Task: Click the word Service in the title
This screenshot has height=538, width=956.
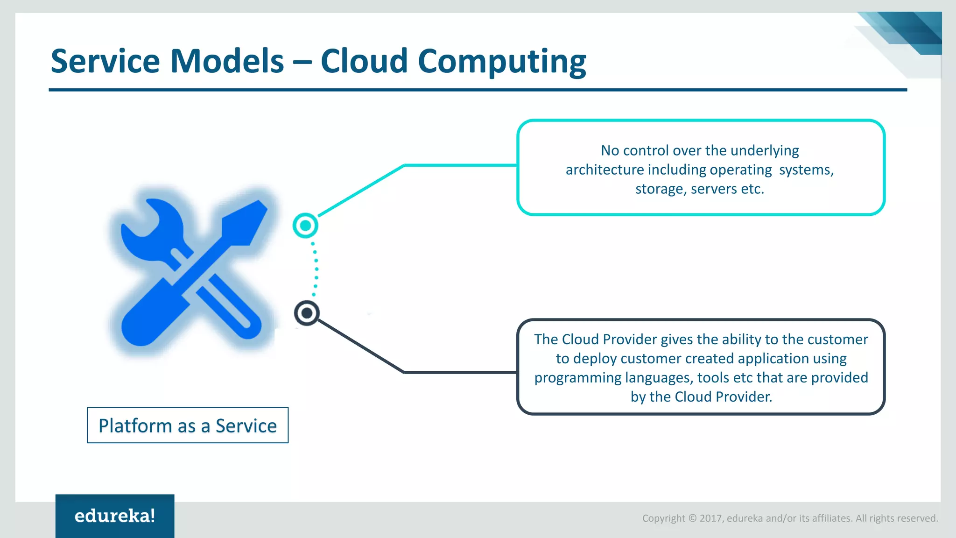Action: [105, 61]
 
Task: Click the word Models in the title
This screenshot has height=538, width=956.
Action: [227, 61]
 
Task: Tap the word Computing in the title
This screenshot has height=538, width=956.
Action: [501, 62]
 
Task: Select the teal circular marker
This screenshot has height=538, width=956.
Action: [305, 226]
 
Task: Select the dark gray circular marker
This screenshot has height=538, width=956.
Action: [307, 313]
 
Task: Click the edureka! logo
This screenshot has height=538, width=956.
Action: [115, 516]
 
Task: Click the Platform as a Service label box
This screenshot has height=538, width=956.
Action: [188, 425]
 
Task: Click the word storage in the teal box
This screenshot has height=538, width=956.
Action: [659, 189]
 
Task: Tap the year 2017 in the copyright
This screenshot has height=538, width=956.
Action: [710, 518]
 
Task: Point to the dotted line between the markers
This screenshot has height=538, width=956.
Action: [316, 269]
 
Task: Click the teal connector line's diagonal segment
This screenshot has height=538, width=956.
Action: [359, 191]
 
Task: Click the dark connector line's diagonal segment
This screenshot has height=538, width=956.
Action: [359, 346]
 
